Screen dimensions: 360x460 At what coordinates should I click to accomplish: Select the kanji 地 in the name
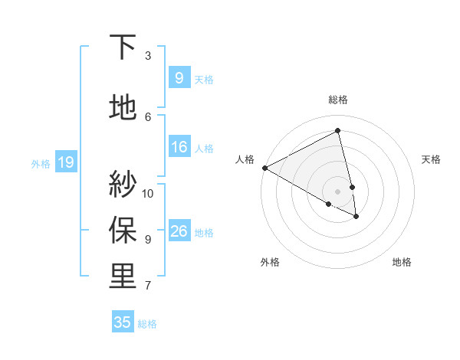click(x=123, y=108)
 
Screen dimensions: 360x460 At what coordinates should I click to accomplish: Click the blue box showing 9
click(x=179, y=78)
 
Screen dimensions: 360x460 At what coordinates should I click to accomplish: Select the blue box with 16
click(x=179, y=147)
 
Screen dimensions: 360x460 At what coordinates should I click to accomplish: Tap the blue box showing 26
click(x=179, y=231)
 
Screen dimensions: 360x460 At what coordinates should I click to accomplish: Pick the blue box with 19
click(x=65, y=162)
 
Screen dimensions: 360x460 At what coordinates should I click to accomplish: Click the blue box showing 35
click(x=123, y=322)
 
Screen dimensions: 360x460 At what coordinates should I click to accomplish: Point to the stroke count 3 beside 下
click(x=148, y=56)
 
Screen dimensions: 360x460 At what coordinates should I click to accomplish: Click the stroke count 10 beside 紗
click(x=148, y=193)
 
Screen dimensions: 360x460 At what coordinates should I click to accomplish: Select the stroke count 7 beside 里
click(x=148, y=286)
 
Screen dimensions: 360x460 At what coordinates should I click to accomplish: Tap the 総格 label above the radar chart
click(x=338, y=100)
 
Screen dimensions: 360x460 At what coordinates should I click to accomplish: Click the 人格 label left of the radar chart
click(x=245, y=159)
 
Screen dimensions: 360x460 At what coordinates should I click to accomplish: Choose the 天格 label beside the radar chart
click(x=432, y=159)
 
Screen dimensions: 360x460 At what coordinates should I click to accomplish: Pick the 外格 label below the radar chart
click(x=269, y=262)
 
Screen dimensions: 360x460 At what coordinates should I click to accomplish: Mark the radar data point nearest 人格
click(x=264, y=168)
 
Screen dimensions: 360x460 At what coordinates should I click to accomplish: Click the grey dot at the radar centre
click(x=338, y=191)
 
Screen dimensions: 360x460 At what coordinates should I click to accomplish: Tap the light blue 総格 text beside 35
click(x=147, y=324)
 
